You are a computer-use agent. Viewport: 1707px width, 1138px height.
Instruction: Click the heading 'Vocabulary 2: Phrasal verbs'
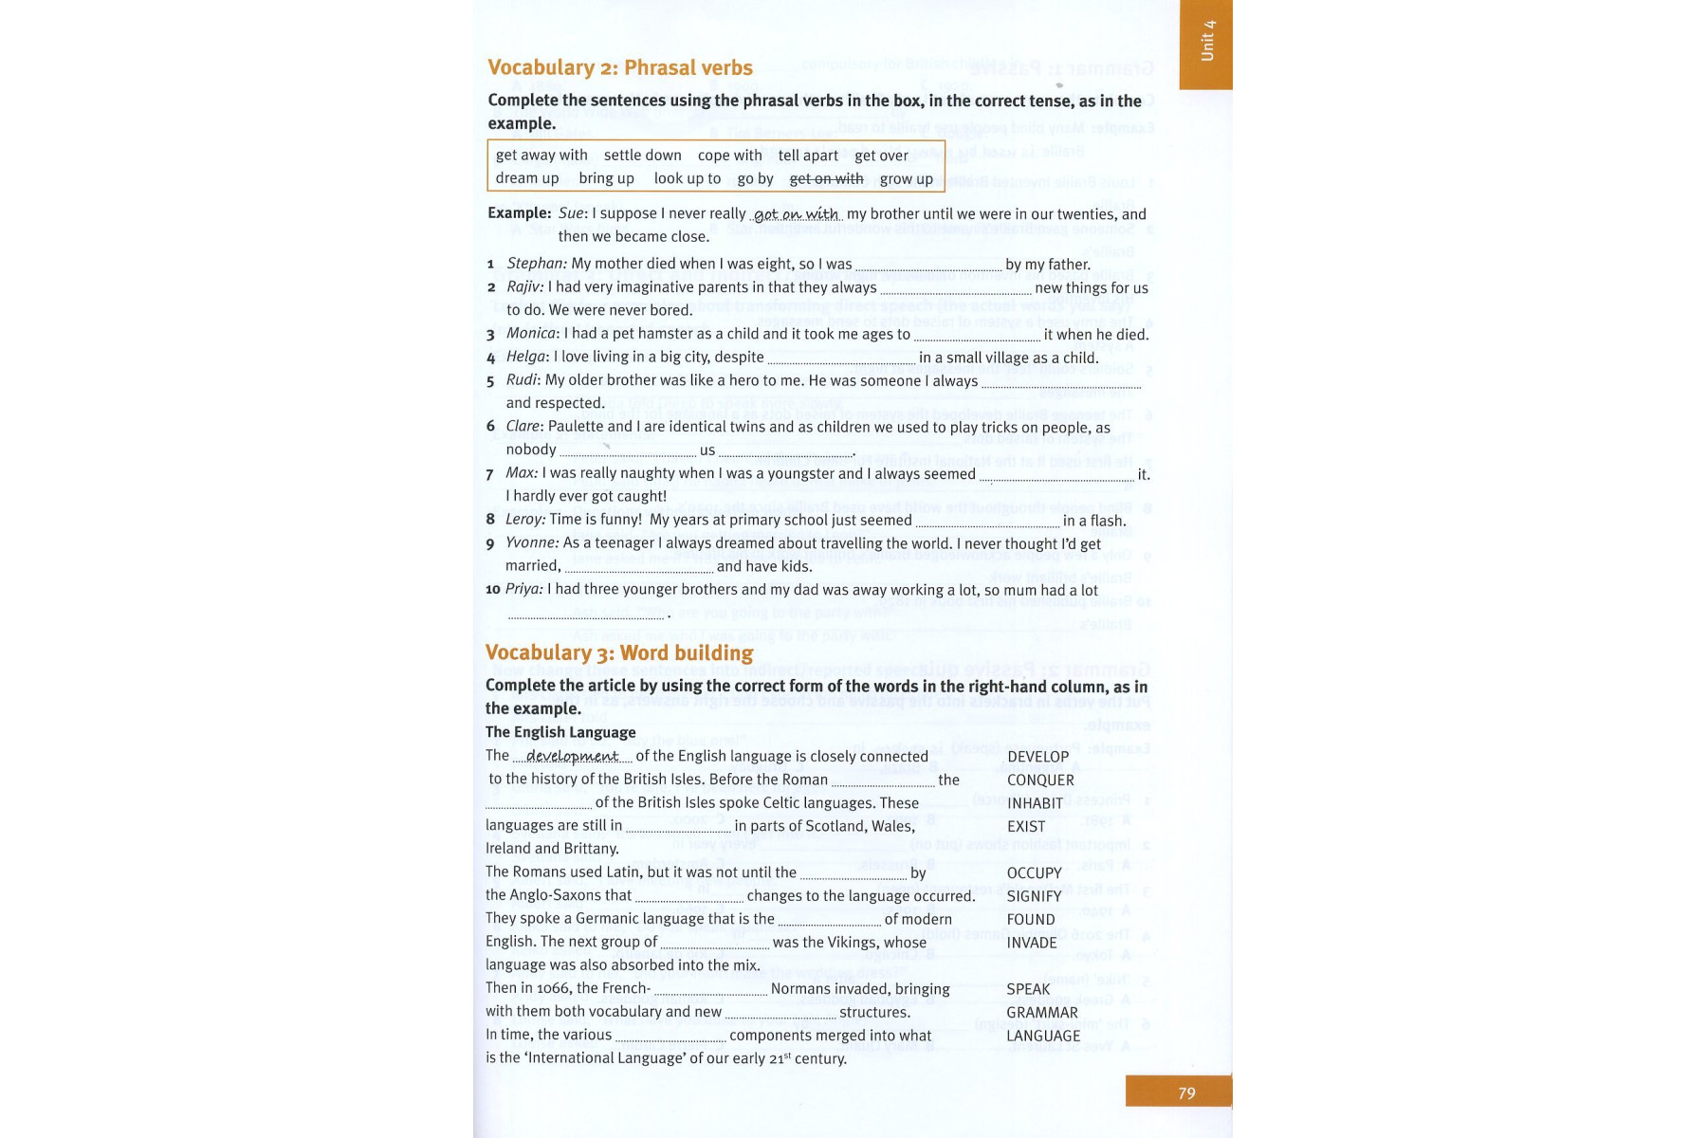[619, 67]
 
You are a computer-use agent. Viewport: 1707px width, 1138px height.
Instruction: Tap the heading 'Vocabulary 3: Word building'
[618, 652]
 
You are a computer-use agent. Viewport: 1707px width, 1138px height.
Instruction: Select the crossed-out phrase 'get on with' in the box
[826, 178]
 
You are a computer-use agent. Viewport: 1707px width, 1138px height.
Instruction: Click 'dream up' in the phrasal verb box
[526, 178]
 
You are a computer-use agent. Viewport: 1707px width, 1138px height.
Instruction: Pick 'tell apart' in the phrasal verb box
[808, 156]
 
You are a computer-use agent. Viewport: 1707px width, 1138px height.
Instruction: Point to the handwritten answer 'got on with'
[796, 215]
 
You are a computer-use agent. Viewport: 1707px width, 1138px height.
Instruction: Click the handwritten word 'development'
[572, 757]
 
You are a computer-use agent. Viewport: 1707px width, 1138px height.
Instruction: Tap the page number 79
[1186, 1092]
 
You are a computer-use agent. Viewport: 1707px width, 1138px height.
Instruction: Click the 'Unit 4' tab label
[1206, 41]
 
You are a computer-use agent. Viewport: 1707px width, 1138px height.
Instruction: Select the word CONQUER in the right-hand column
[1040, 780]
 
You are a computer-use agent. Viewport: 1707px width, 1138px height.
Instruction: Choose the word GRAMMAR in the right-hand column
[1041, 1013]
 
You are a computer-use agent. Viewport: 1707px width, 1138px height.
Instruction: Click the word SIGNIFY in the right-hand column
[1034, 896]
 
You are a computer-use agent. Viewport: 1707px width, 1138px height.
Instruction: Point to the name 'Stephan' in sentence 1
[536, 264]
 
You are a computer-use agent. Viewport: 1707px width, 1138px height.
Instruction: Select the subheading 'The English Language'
[560, 732]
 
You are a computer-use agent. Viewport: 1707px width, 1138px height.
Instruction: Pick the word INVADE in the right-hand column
[1032, 943]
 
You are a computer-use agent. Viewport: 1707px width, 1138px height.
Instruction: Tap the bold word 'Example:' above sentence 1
[519, 213]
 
